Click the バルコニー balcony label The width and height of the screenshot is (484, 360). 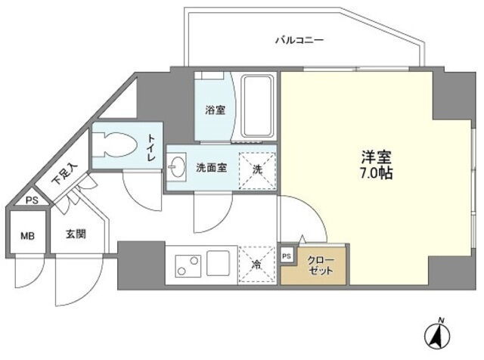pos(299,40)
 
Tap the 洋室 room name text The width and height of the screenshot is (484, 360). pos(377,157)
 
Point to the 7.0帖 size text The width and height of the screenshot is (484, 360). pos(376,173)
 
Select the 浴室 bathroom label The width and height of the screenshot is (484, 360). pos(215,110)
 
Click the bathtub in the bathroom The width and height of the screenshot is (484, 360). pos(258,106)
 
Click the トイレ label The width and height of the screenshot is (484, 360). pos(152,147)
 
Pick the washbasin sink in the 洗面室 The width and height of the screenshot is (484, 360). pos(177,167)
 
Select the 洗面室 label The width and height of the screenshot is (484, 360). pos(212,168)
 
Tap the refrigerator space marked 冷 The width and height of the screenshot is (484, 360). pos(256,264)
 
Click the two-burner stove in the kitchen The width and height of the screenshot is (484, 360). pos(188,265)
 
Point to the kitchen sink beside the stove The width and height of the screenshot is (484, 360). pos(219,263)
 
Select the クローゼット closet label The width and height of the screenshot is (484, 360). pos(321,265)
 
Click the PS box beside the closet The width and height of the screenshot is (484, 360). pos(287,256)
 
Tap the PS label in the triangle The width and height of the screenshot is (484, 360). pos(32,200)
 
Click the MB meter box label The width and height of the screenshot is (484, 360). pos(28,237)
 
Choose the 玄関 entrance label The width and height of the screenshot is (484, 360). pos(76,234)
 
